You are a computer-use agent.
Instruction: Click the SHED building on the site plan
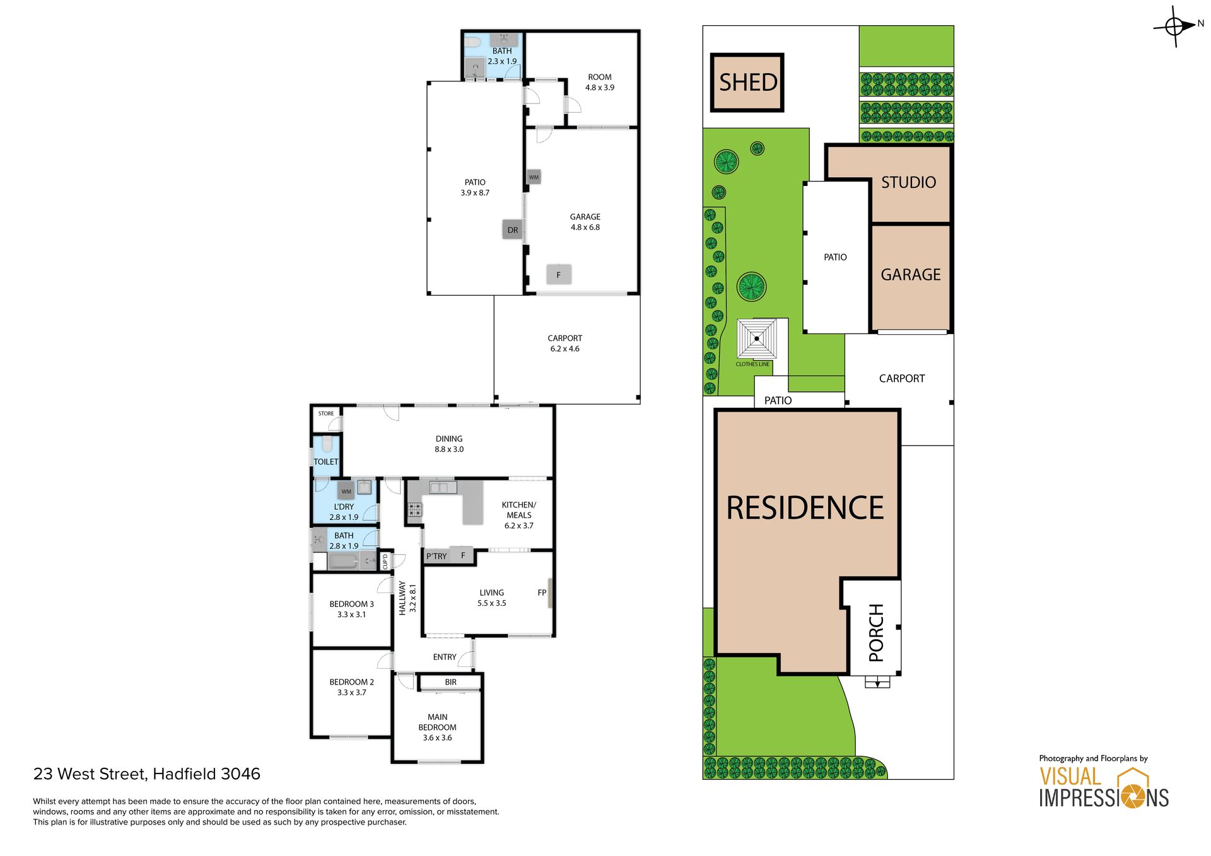coord(747,83)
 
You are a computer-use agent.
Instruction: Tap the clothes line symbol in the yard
coord(757,338)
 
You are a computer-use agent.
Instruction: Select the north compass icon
coord(1176,26)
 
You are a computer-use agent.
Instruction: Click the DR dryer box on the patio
coord(512,229)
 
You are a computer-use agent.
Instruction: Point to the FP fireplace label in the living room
coord(542,593)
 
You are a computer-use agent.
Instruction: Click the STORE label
coord(326,414)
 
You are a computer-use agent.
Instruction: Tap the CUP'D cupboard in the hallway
coord(385,561)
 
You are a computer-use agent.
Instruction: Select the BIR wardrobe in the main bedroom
coord(450,682)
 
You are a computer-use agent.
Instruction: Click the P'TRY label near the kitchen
coord(436,556)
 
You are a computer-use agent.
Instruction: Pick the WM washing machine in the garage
coord(534,177)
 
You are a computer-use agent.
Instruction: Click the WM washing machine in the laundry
coord(346,491)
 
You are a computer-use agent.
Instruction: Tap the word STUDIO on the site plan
coord(908,183)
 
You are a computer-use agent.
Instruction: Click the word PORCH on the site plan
coord(876,632)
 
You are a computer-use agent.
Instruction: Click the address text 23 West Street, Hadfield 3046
coord(147,774)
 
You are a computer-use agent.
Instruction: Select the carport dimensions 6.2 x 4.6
coord(565,349)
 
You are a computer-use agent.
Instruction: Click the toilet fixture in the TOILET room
coord(327,444)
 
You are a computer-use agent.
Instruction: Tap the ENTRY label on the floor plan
coord(445,657)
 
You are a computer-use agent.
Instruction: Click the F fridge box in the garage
coord(558,274)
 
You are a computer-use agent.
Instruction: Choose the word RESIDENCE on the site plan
coord(805,508)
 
